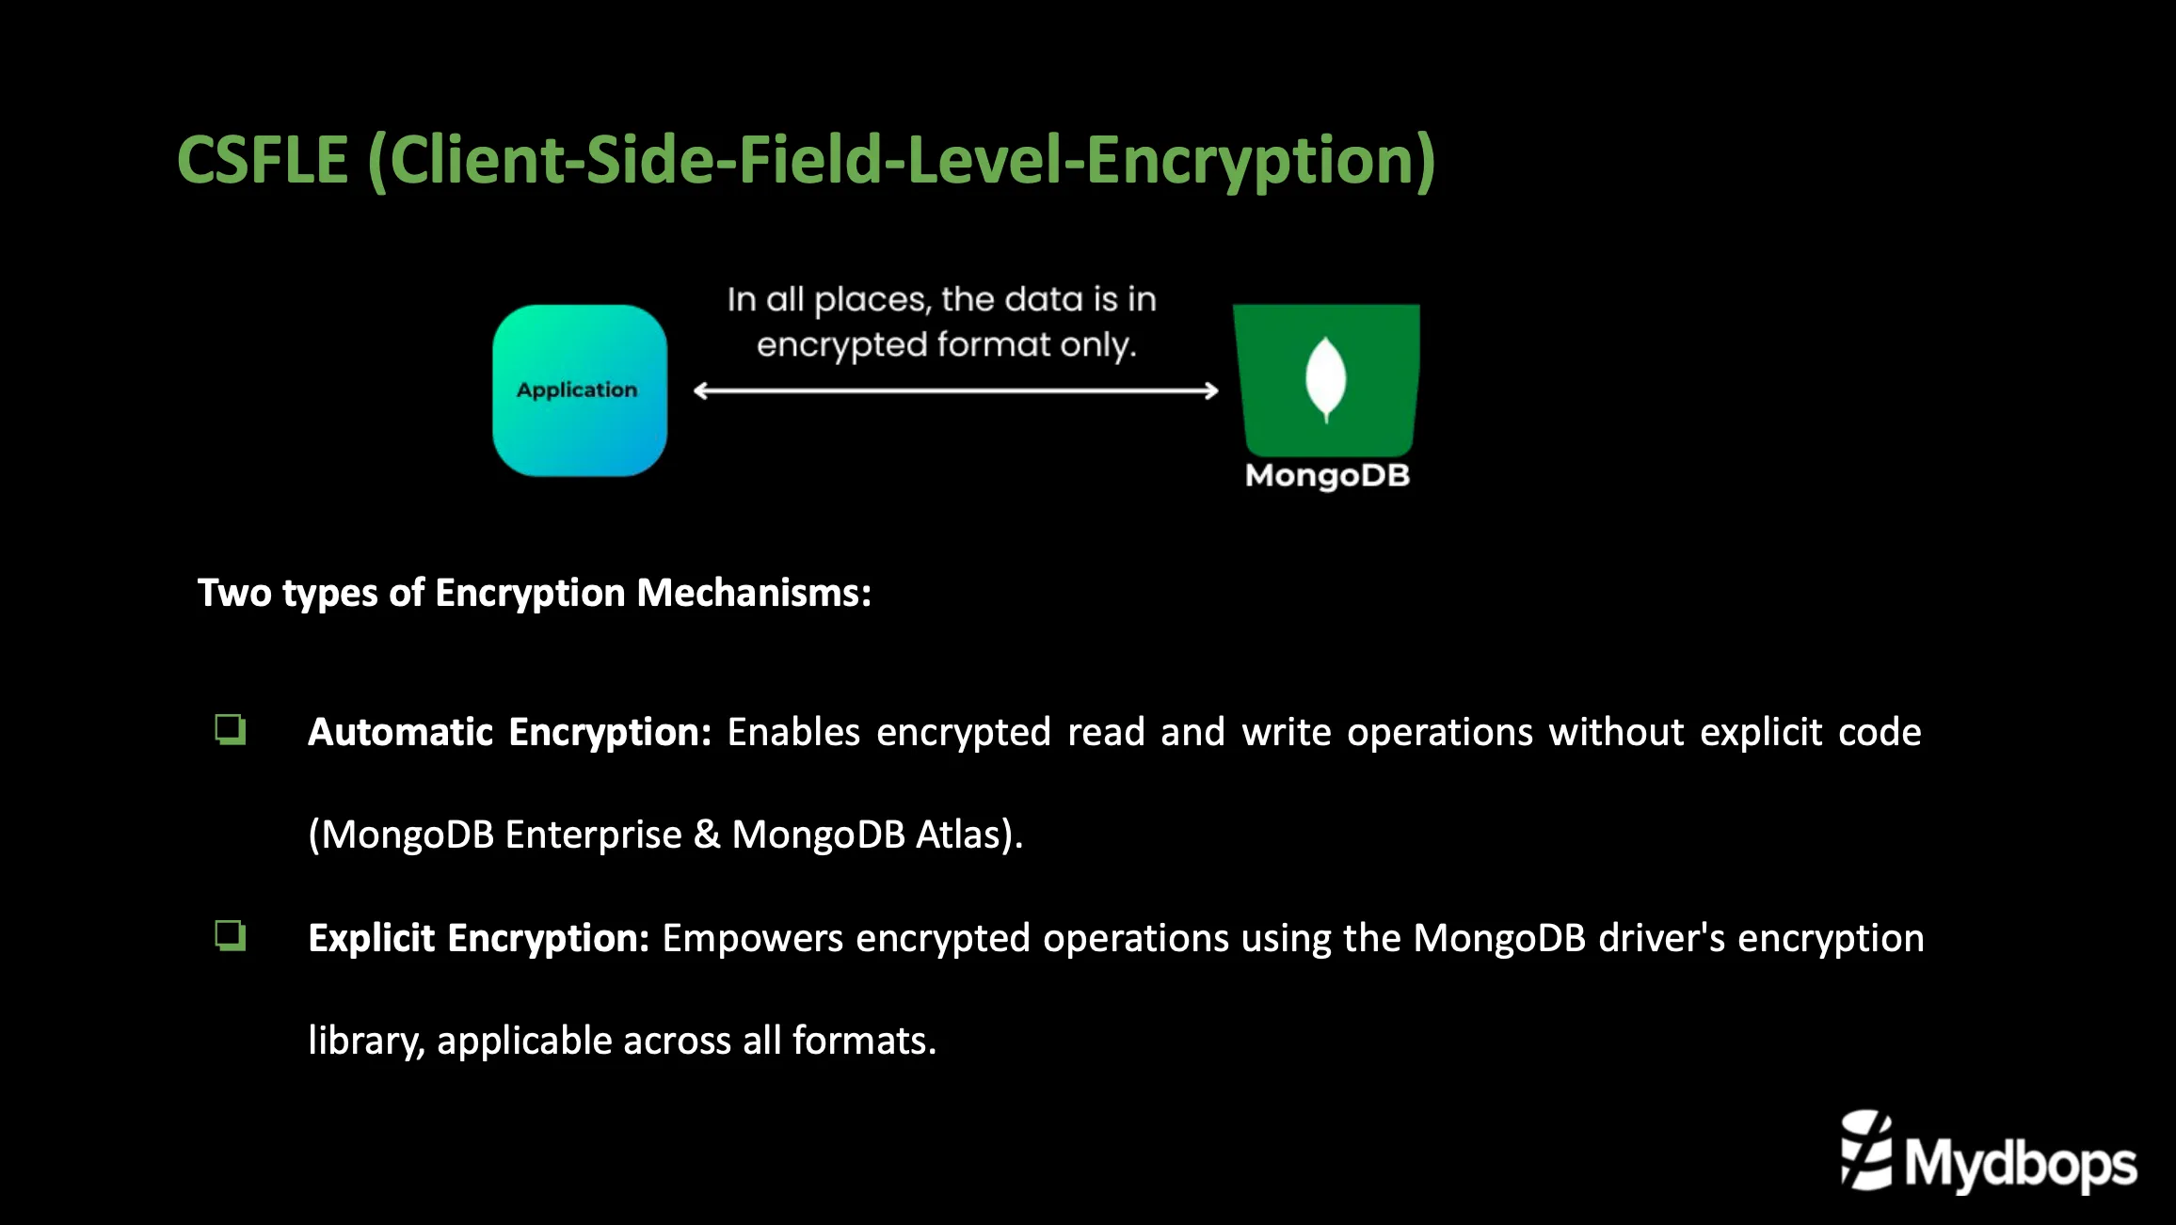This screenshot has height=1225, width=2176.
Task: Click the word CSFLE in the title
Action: (263, 160)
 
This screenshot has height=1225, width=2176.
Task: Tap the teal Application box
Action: (579, 390)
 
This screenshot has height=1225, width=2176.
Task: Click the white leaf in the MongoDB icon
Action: (1325, 378)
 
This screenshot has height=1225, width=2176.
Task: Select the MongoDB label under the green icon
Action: (1327, 476)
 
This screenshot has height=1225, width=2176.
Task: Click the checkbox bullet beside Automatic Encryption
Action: (231, 729)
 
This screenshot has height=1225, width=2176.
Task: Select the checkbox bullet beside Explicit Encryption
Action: (231, 935)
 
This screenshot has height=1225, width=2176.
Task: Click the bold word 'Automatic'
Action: (400, 732)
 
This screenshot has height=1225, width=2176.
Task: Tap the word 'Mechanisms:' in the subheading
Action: (754, 593)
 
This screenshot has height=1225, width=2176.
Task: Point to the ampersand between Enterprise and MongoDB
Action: (706, 835)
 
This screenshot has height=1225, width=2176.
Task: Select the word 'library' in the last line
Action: (364, 1041)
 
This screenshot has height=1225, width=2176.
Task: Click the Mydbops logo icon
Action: (1865, 1150)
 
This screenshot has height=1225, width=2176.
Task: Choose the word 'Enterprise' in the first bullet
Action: (593, 835)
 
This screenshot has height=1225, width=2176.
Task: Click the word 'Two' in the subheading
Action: (234, 593)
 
